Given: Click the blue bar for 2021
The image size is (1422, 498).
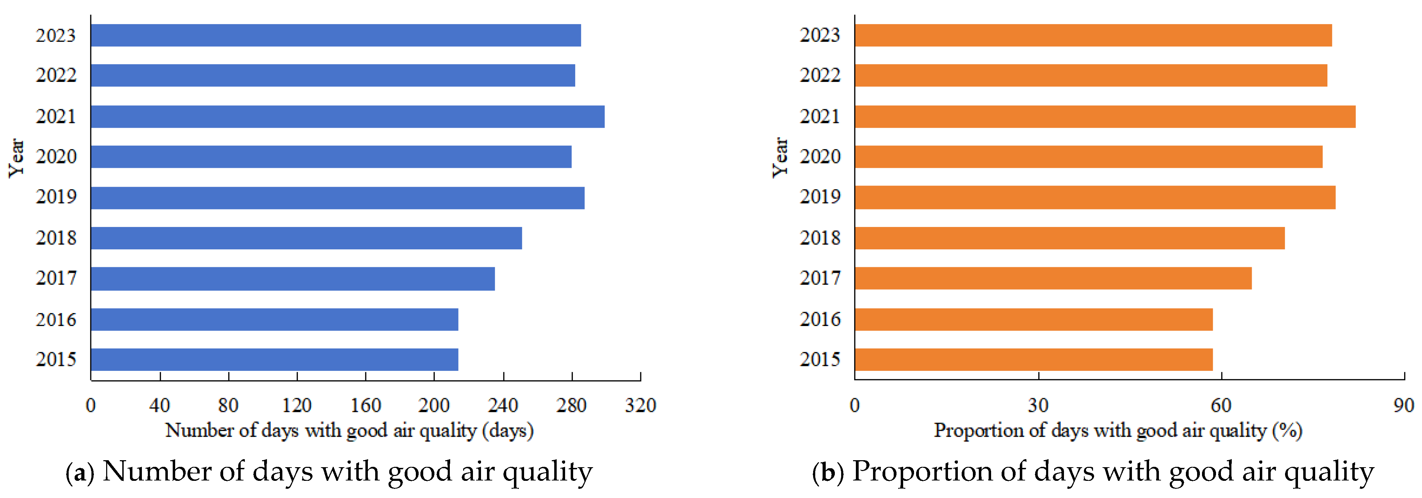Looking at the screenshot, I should [348, 117].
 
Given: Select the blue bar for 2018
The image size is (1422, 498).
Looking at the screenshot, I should [307, 238].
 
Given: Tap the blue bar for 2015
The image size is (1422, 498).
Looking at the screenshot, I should [274, 359].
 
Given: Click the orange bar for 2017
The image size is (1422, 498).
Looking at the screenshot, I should [1053, 278].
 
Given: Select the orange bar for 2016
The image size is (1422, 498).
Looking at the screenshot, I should [1033, 319].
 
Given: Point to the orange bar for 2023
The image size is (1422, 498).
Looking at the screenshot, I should [1093, 35].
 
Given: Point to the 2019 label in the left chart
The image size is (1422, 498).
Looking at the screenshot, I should [56, 196].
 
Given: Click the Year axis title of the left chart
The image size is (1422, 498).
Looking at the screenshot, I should [16, 158].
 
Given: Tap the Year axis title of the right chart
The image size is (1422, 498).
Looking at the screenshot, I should [779, 158].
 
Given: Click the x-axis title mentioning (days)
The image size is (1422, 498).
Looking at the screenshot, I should [349, 430].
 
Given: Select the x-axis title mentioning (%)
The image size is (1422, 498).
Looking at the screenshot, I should [1118, 430].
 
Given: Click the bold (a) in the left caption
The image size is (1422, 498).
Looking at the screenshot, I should [80, 472].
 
